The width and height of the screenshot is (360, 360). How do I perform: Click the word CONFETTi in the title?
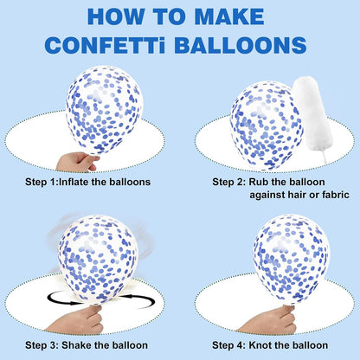pyautogui.click(x=106, y=45)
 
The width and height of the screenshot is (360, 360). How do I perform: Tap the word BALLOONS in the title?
pyautogui.click(x=240, y=45)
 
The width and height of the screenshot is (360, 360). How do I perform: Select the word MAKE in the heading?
pyautogui.click(x=229, y=16)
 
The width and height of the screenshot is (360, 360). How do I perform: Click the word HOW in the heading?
pyautogui.click(x=116, y=16)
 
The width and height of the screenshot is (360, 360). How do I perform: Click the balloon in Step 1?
pyautogui.click(x=105, y=110)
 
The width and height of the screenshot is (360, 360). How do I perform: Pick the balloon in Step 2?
pyautogui.click(x=267, y=125)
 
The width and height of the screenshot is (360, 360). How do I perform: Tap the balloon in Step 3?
pyautogui.click(x=98, y=260)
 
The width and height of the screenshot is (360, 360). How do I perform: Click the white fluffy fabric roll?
pyautogui.click(x=312, y=115)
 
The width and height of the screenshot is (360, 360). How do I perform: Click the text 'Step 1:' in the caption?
pyautogui.click(x=42, y=182)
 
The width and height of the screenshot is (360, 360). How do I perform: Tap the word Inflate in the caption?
pyautogui.click(x=74, y=182)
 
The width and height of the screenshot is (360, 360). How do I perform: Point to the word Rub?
pyautogui.click(x=259, y=182)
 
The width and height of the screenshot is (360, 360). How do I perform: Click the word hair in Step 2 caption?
pyautogui.click(x=296, y=195)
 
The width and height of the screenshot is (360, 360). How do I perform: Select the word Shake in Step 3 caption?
pyautogui.click(x=74, y=345)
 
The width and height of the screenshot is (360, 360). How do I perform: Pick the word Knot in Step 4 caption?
pyautogui.click(x=260, y=345)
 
